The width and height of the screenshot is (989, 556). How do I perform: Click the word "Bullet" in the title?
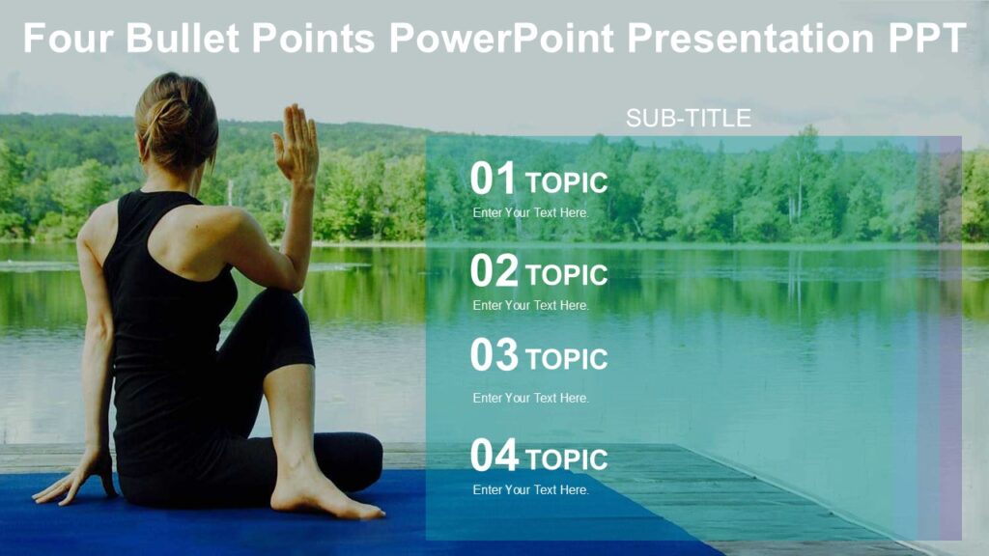tap(184, 39)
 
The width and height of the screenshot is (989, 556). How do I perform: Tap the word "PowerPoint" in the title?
tap(502, 39)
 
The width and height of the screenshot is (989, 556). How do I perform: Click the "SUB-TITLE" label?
tap(688, 119)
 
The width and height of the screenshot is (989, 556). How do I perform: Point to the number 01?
tap(494, 180)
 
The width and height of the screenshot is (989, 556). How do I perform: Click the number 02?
tap(494, 272)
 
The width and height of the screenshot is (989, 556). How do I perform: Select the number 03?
tap(494, 356)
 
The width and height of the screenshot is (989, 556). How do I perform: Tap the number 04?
tap(494, 457)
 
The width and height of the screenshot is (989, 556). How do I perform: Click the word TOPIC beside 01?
tap(567, 182)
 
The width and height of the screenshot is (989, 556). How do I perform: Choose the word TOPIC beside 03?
tap(567, 359)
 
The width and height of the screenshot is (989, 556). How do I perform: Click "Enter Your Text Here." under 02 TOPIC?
tap(530, 305)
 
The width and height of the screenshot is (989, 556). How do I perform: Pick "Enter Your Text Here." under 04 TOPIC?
tap(530, 490)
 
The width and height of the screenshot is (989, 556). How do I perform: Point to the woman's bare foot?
tap(319, 498)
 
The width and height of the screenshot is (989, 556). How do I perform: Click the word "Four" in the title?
tap(68, 39)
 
